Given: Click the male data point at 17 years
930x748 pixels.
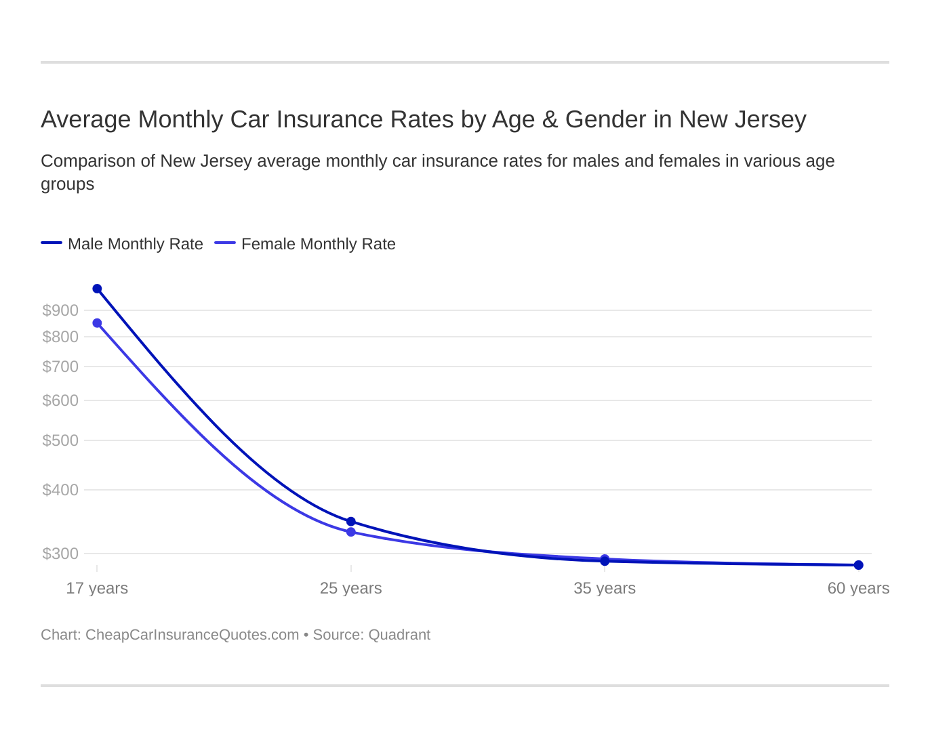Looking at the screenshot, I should [97, 289].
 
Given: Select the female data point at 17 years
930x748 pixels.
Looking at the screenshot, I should [97, 323].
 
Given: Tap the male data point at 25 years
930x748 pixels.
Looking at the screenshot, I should [351, 522].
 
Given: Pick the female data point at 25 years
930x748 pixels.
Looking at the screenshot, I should [351, 532].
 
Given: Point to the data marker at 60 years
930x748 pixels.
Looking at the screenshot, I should [858, 565].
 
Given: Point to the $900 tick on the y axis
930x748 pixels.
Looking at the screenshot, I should [60, 310].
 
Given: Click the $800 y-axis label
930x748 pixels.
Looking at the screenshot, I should [60, 337].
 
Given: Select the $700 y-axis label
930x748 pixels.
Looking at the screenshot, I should [60, 367].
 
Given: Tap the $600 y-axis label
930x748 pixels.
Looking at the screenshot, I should [60, 400].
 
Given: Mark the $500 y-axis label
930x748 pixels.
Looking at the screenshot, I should [60, 440].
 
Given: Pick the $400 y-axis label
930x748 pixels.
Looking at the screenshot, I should [60, 490].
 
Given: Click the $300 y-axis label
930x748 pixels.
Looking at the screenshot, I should [60, 554].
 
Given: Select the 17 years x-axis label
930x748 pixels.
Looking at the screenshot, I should [97, 588].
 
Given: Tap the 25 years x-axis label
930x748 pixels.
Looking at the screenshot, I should [351, 588].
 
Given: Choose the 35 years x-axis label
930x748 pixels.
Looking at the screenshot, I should [605, 588].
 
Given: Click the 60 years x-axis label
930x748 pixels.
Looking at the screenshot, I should [858, 588].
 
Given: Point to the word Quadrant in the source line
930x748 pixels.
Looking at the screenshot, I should [399, 635].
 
